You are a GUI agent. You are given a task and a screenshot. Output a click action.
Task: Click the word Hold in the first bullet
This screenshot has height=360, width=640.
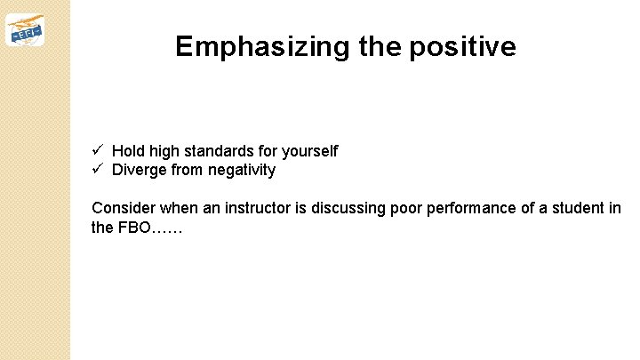pos(128,152)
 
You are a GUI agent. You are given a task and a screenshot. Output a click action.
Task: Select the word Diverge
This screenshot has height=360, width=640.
pos(140,170)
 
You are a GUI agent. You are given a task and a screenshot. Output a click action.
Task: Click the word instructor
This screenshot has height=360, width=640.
pos(267,208)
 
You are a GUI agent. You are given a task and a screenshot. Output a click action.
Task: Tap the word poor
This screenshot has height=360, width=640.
pos(405,208)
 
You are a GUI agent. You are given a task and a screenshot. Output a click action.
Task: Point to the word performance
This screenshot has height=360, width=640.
pos(468,208)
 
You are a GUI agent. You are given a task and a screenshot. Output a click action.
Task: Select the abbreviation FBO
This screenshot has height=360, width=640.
pos(134,227)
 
